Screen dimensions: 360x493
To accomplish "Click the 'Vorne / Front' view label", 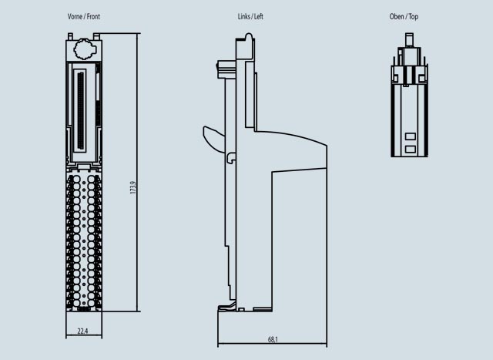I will click(84, 16).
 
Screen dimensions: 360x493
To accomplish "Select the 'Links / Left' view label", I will click(251, 16).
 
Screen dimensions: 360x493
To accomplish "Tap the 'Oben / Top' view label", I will click(404, 16).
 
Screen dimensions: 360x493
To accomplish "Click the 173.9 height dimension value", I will click(132, 188).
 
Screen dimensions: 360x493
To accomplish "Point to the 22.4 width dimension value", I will click(83, 331).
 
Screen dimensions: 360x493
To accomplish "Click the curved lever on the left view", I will click(213, 139).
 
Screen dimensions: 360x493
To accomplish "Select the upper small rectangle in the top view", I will click(410, 136).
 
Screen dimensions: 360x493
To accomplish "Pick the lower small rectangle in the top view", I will click(410, 147).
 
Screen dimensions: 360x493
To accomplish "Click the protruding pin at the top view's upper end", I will click(409, 40).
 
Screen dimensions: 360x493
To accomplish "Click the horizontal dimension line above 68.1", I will click(272, 344).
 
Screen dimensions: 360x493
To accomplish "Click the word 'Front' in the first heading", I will click(93, 16).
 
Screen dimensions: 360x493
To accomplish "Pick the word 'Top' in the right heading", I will click(414, 16).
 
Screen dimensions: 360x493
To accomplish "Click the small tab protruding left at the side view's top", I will click(225, 69).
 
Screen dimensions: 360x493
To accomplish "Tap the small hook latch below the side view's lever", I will click(230, 158).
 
